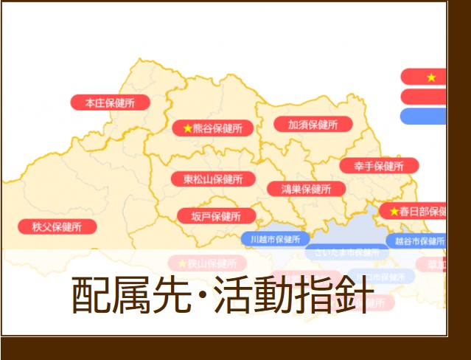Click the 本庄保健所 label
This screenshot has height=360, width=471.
coord(110,103)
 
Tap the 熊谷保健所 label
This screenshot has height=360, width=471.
coord(212,128)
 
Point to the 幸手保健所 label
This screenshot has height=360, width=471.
coord(379,165)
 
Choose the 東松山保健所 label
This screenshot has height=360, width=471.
coord(213,179)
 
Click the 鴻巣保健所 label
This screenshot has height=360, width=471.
coord(306,188)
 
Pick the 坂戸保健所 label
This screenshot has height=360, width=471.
coord(216,216)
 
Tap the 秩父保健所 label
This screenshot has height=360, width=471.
coord(56,226)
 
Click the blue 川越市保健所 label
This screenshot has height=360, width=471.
coord(275,239)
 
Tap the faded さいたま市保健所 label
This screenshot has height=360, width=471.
coord(346,252)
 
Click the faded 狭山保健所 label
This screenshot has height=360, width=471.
coord(206,263)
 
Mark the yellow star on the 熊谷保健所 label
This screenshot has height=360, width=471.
coord(187,128)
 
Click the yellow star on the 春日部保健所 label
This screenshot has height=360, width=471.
coord(394,212)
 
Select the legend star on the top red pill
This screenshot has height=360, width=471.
coord(431,77)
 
